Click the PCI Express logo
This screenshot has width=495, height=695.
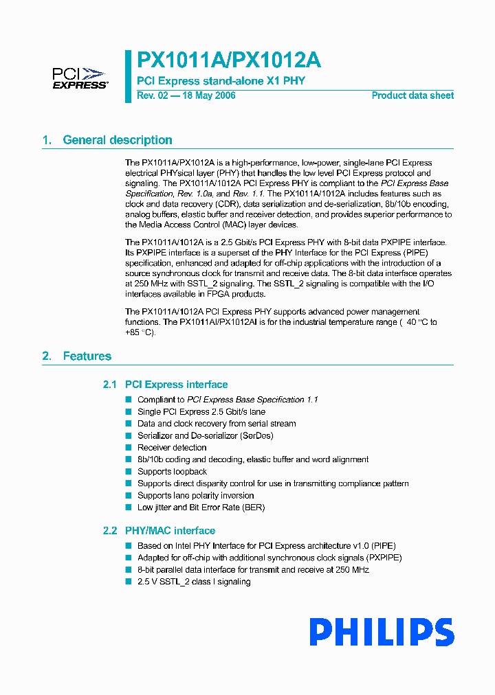click(x=80, y=78)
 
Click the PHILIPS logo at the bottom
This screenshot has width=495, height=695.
click(x=382, y=632)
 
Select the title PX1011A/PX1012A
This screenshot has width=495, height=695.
click(x=229, y=60)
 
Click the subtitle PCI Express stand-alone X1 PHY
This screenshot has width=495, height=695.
click(x=221, y=80)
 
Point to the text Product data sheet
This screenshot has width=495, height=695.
click(x=412, y=95)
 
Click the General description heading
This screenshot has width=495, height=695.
click(x=118, y=140)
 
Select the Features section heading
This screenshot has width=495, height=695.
click(x=87, y=356)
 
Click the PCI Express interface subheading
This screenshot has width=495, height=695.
click(x=176, y=385)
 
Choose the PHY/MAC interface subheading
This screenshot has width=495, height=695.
click(x=170, y=531)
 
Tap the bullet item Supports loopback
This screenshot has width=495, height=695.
click(x=172, y=472)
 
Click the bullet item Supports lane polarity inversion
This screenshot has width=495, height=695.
click(x=195, y=496)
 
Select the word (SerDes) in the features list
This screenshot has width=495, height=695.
click(x=254, y=436)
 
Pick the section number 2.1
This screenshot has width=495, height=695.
click(x=110, y=385)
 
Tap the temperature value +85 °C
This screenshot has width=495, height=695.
click(x=140, y=332)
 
